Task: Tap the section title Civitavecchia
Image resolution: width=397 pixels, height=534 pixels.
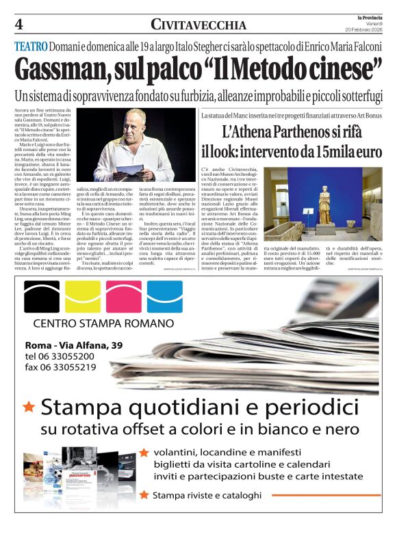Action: point(198,26)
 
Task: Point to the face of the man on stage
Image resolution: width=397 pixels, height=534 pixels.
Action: point(136,124)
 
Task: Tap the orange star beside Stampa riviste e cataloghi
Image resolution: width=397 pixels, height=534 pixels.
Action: point(144,494)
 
